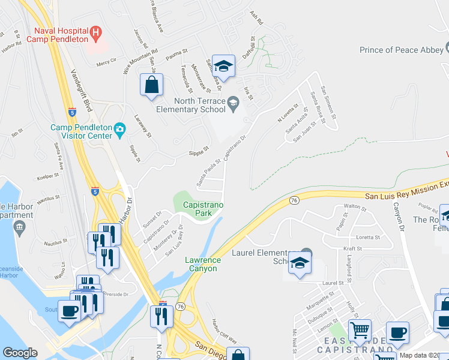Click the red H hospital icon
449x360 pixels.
95,31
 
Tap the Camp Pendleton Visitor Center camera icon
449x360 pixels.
120,128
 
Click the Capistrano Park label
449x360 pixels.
202,209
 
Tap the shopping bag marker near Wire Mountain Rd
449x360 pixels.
152,86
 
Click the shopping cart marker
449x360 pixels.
360,330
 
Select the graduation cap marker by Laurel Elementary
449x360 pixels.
300,263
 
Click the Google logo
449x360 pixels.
20,353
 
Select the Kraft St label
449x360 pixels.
353,248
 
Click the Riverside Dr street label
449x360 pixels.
114,295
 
